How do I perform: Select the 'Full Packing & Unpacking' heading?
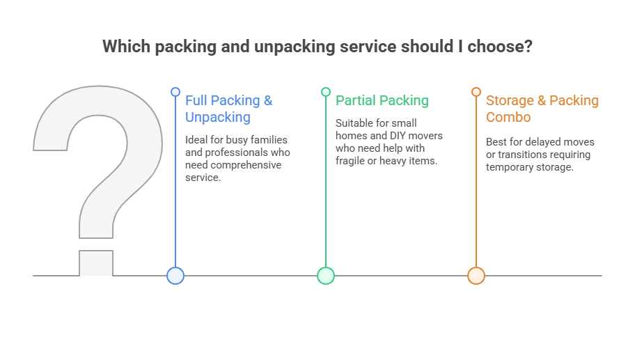(x=228, y=109)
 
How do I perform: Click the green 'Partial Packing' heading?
(x=382, y=100)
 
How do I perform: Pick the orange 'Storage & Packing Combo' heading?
(x=542, y=109)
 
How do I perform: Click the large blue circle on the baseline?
(x=175, y=276)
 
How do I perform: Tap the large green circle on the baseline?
(x=326, y=276)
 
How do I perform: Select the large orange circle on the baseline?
(x=476, y=276)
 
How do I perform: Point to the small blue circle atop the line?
(x=175, y=92)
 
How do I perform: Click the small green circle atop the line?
(x=326, y=92)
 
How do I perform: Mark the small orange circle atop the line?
(x=476, y=92)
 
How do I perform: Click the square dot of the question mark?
(x=96, y=263)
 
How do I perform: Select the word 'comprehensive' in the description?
(x=246, y=165)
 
